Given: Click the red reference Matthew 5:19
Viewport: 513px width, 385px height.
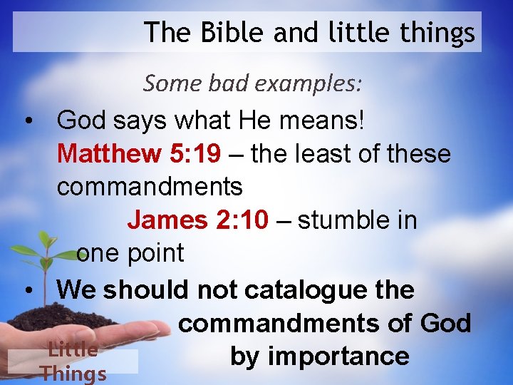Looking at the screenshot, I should coord(124,153).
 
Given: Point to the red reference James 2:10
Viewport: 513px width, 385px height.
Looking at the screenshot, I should coord(198,220).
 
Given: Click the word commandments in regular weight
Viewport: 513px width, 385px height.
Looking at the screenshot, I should coord(150,187).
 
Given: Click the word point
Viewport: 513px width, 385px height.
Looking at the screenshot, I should coord(150,253).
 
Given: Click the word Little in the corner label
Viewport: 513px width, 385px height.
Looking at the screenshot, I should coord(73,349).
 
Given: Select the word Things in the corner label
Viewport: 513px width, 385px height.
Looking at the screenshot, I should coord(73,374).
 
